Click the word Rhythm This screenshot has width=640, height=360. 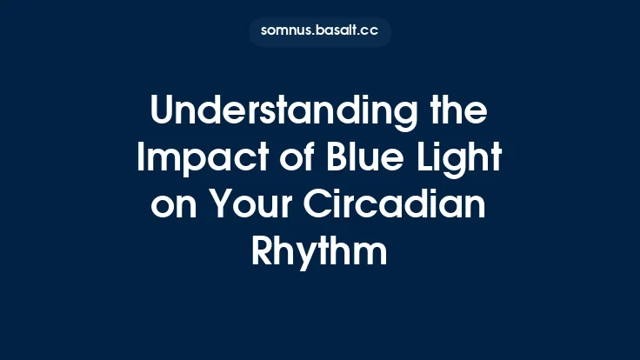[x=320, y=255]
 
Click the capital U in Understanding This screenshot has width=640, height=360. [x=163, y=114]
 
